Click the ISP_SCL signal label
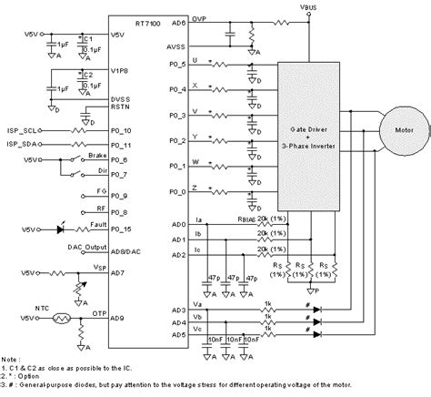click(29, 130)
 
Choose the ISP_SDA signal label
click(29, 145)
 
